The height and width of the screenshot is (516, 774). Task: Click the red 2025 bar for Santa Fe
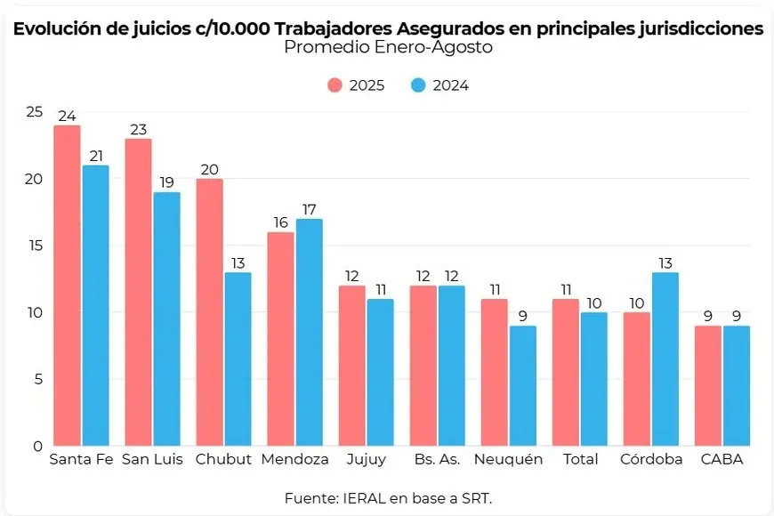[x=67, y=285]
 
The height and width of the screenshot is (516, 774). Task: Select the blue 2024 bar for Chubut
[x=238, y=359]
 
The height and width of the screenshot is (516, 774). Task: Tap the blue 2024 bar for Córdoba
[x=665, y=359]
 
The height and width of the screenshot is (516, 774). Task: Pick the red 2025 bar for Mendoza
[x=280, y=338]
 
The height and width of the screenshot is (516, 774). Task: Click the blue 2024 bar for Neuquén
[x=522, y=385]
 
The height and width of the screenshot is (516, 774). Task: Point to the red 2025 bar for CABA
[x=707, y=385]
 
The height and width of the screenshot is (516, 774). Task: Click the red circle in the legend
[x=335, y=85]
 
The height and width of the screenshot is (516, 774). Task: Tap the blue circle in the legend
[x=419, y=85]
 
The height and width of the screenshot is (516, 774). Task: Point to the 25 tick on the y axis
[x=34, y=112]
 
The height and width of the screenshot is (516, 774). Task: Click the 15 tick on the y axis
[x=34, y=246]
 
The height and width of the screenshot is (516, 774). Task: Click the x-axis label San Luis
[x=152, y=460]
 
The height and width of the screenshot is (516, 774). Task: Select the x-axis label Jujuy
[x=366, y=460]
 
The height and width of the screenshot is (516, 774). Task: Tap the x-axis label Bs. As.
[x=436, y=460]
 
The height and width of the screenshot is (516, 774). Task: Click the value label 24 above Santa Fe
[x=67, y=116]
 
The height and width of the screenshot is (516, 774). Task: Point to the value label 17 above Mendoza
[x=309, y=209]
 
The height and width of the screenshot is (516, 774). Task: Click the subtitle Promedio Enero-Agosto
[x=388, y=48]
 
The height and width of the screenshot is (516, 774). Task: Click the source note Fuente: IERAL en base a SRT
[x=388, y=496]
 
